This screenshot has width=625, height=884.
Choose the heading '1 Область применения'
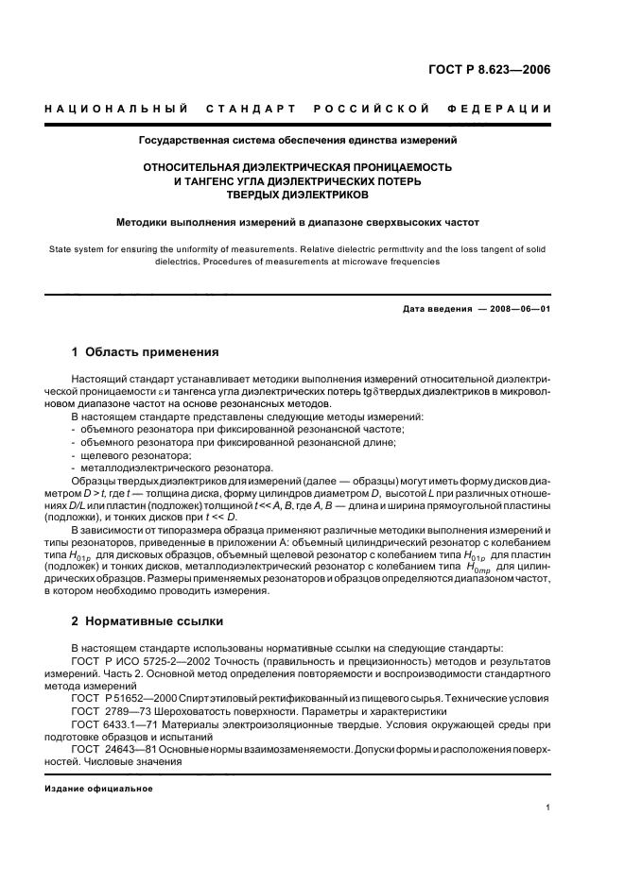pyautogui.click(x=146, y=352)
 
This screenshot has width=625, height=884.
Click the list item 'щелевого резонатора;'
pyautogui.click(x=124, y=455)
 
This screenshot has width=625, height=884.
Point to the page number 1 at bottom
pyautogui.click(x=548, y=807)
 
